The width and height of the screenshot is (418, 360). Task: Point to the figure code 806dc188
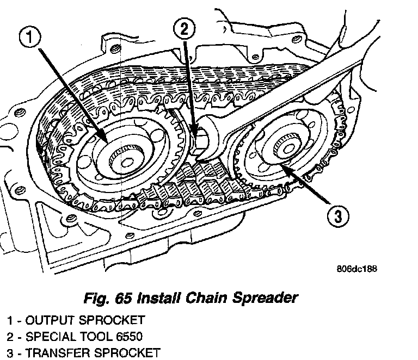click(x=357, y=268)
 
